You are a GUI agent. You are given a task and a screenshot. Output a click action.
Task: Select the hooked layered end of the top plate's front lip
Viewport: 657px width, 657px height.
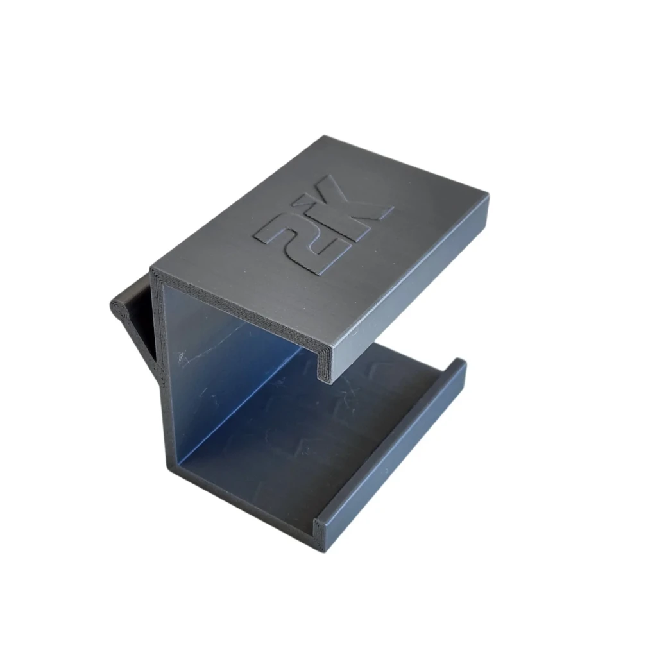click(326, 364)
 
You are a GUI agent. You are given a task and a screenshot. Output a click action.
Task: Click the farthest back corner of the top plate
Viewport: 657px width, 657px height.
click(325, 136)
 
